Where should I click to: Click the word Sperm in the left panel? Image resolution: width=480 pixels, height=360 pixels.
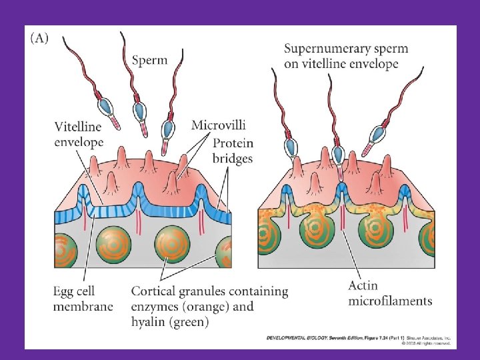coord(149,61)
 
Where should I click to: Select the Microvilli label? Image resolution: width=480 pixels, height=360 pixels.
coord(218,125)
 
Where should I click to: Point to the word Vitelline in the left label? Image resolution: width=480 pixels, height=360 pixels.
coord(79,127)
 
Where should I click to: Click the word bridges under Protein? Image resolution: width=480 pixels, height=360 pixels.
coord(233,158)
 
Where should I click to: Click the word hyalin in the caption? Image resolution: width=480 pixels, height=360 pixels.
coord(150,322)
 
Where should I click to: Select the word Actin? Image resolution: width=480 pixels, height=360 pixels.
coord(364,286)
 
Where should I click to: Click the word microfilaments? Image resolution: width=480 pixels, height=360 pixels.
coord(390,301)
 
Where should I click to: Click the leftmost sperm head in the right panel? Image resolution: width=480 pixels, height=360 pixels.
coord(291,145)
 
